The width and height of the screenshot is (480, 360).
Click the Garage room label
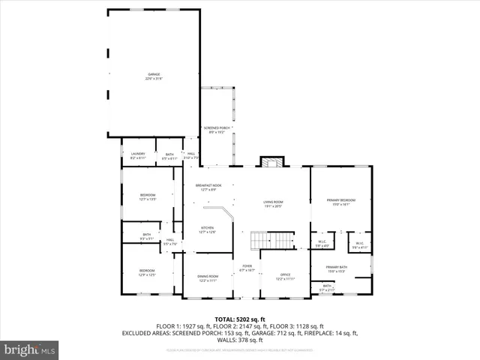(154, 76)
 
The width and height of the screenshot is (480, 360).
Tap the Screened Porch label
(216, 130)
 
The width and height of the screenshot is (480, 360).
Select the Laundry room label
(138, 156)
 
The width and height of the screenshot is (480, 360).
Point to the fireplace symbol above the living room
(272, 162)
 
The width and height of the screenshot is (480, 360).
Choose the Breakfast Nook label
(208, 187)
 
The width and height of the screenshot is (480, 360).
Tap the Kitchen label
(207, 229)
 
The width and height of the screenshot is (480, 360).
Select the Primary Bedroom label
(340, 202)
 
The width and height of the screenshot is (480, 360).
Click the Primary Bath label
(335, 268)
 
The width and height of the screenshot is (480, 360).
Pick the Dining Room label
(207, 278)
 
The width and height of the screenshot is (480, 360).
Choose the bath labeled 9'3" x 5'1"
(146, 236)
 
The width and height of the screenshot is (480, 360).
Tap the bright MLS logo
(30, 349)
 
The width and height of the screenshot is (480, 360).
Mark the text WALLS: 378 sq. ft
(239, 338)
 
